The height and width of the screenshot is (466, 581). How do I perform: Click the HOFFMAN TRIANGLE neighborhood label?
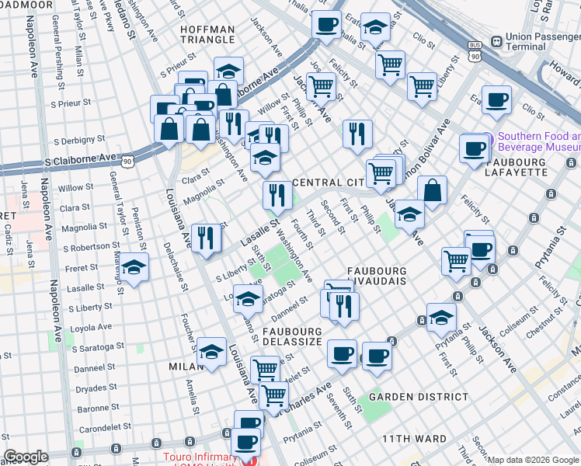(x=207, y=34)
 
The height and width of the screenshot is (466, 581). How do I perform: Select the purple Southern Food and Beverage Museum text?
(x=538, y=141)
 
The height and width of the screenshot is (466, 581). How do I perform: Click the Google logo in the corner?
(x=26, y=457)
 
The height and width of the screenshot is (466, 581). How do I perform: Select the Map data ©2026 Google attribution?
(x=533, y=460)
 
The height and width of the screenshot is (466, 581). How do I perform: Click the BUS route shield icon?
(x=475, y=53)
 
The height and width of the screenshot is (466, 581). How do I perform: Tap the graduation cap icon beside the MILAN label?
(x=211, y=351)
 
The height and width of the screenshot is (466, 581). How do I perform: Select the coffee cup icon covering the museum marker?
(x=473, y=148)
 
